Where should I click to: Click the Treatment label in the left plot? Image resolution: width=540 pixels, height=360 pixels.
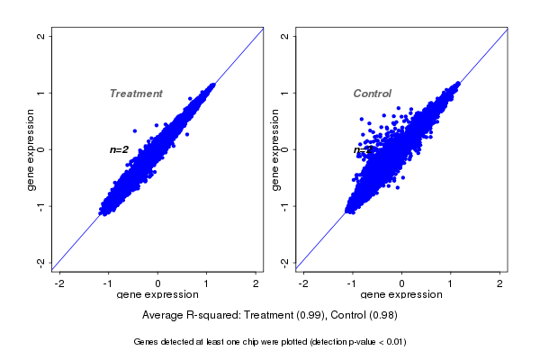(136, 94)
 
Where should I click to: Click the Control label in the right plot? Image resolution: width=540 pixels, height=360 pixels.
(372, 94)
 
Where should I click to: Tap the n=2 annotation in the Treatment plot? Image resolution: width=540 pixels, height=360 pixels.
(120, 149)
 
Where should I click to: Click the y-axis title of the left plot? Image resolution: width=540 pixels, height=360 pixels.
(31, 149)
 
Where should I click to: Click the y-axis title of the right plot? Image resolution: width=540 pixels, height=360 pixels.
(275, 149)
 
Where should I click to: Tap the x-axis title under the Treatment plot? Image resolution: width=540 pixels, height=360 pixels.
(157, 294)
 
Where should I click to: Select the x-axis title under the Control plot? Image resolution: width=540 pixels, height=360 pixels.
(401, 294)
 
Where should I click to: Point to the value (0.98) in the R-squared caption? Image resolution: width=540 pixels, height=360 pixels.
(382, 316)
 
